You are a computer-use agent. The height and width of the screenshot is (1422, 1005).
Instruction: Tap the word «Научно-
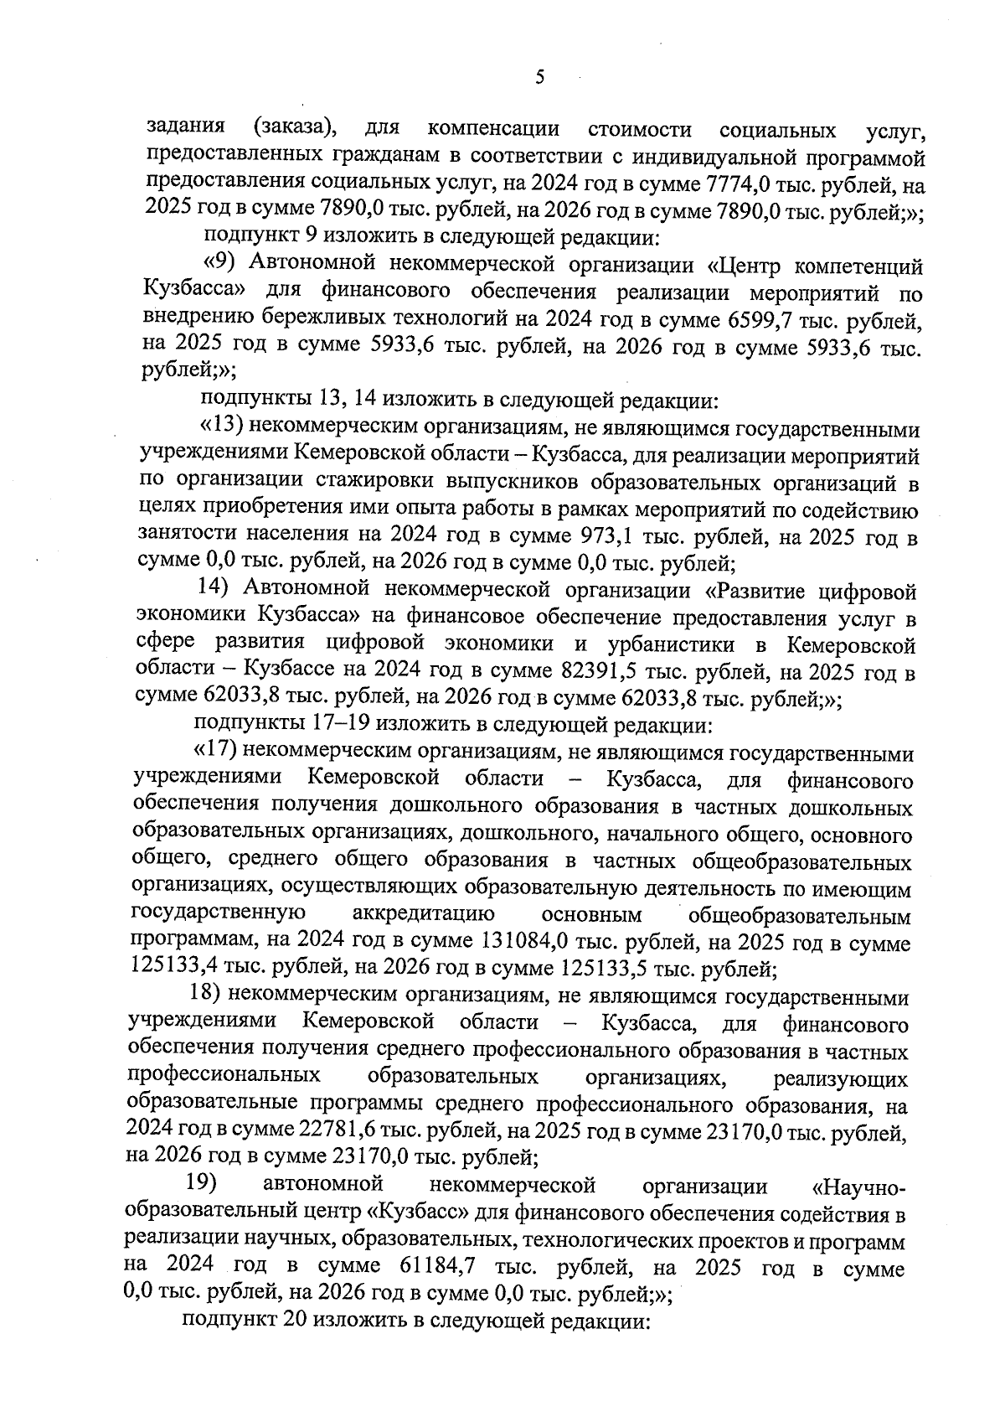coord(859,1188)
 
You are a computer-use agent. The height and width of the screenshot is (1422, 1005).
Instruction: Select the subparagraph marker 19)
coord(201,1187)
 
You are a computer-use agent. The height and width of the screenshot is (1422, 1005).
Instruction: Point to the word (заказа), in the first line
coord(295,130)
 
